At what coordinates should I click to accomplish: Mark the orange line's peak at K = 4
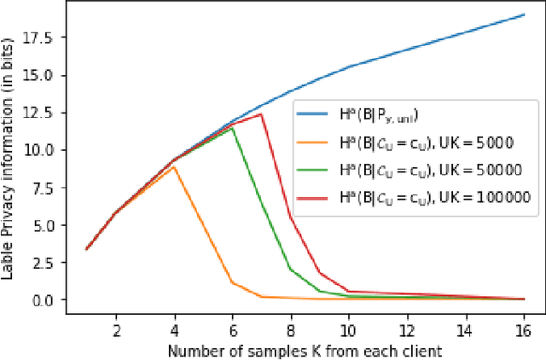[174, 167]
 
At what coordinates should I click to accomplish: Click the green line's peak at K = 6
[232, 128]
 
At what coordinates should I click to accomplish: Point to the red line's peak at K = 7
[261, 113]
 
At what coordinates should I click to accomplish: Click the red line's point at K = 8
[290, 217]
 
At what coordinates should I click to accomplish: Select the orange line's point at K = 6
[232, 282]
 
